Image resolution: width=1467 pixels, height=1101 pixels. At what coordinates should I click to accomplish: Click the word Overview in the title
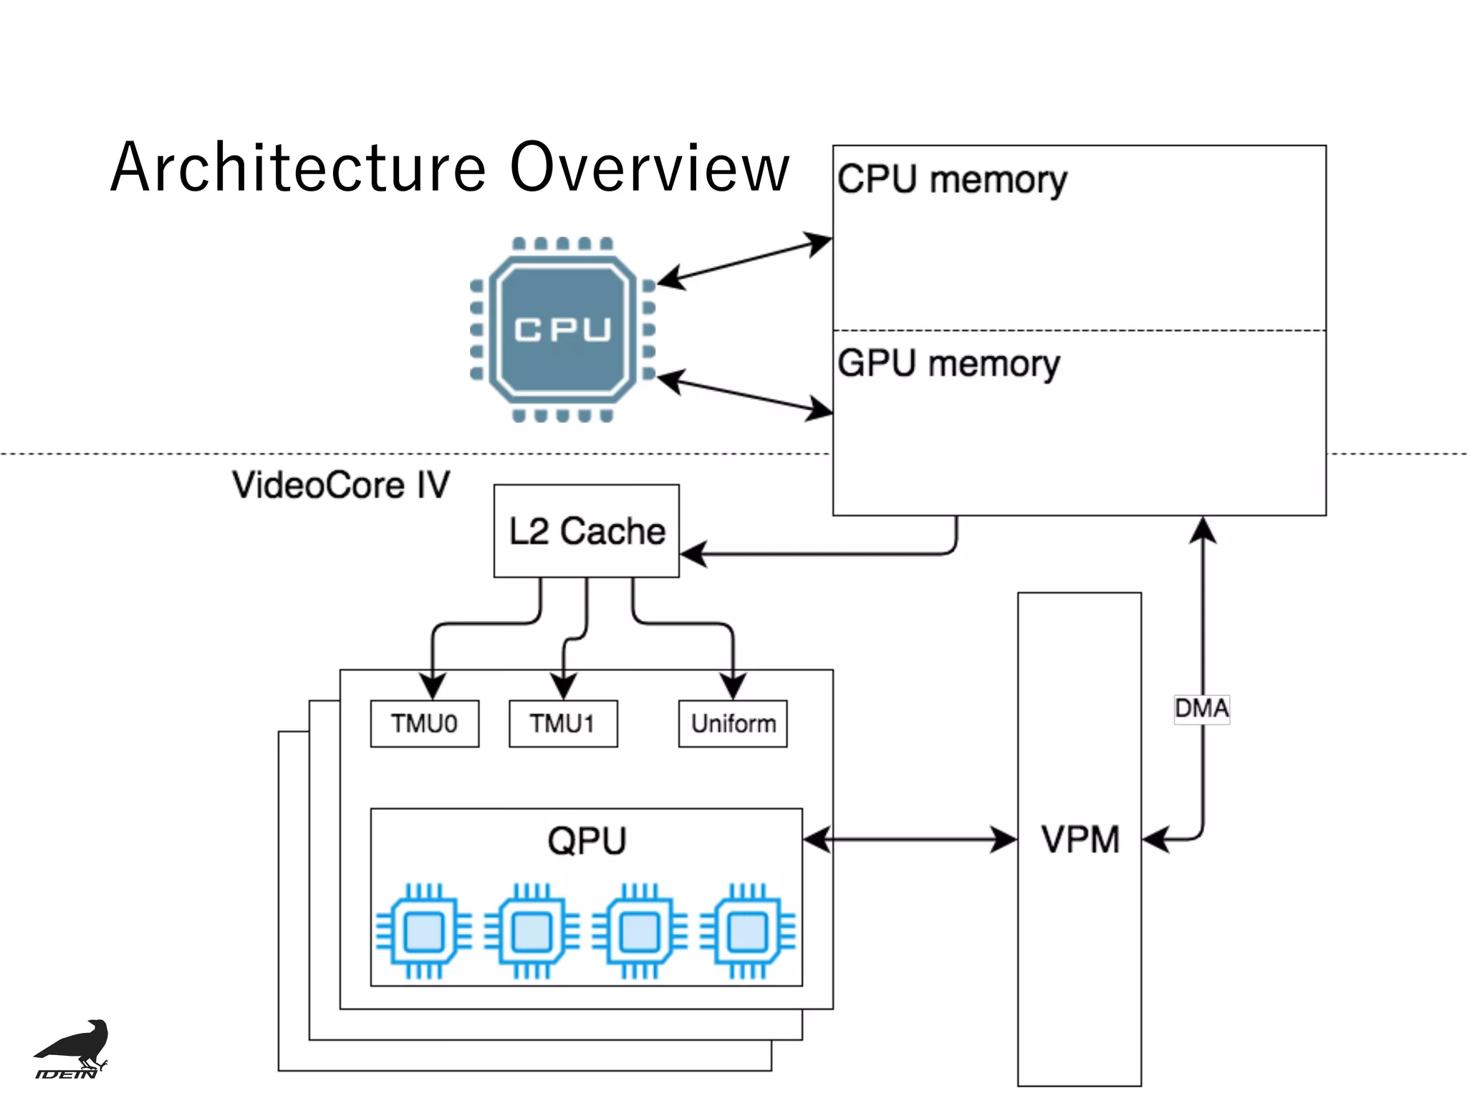[x=649, y=168]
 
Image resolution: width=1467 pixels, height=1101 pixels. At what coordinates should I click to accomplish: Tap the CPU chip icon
[x=562, y=329]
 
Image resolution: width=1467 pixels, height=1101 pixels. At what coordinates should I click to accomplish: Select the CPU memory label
[x=951, y=179]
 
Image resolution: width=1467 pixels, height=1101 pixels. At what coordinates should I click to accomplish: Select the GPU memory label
[x=948, y=364]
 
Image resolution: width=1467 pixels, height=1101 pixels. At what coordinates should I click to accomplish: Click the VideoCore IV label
[x=341, y=485]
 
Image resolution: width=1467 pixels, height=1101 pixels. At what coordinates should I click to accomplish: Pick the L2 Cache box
[x=586, y=531]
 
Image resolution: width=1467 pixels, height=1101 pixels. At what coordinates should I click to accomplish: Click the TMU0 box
[x=424, y=724]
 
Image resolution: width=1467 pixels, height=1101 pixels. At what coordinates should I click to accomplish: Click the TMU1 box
[x=562, y=724]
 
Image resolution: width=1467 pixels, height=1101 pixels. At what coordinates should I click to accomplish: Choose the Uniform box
[x=733, y=724]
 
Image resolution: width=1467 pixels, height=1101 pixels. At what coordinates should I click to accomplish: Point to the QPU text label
[x=587, y=841]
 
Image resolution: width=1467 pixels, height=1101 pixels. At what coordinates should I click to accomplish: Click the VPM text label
[x=1079, y=839]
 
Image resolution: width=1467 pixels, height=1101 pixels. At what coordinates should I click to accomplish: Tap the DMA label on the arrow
[x=1201, y=709]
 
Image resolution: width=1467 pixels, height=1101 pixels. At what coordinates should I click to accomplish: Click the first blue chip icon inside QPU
[x=424, y=932]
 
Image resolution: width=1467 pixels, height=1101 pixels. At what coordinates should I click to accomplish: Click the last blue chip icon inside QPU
[x=747, y=932]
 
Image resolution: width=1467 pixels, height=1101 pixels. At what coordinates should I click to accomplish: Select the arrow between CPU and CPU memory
[x=745, y=261]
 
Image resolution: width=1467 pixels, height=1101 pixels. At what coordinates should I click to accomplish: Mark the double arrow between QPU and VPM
[x=910, y=839]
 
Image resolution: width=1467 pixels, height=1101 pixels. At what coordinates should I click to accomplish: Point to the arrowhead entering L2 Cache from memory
[x=692, y=554]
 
